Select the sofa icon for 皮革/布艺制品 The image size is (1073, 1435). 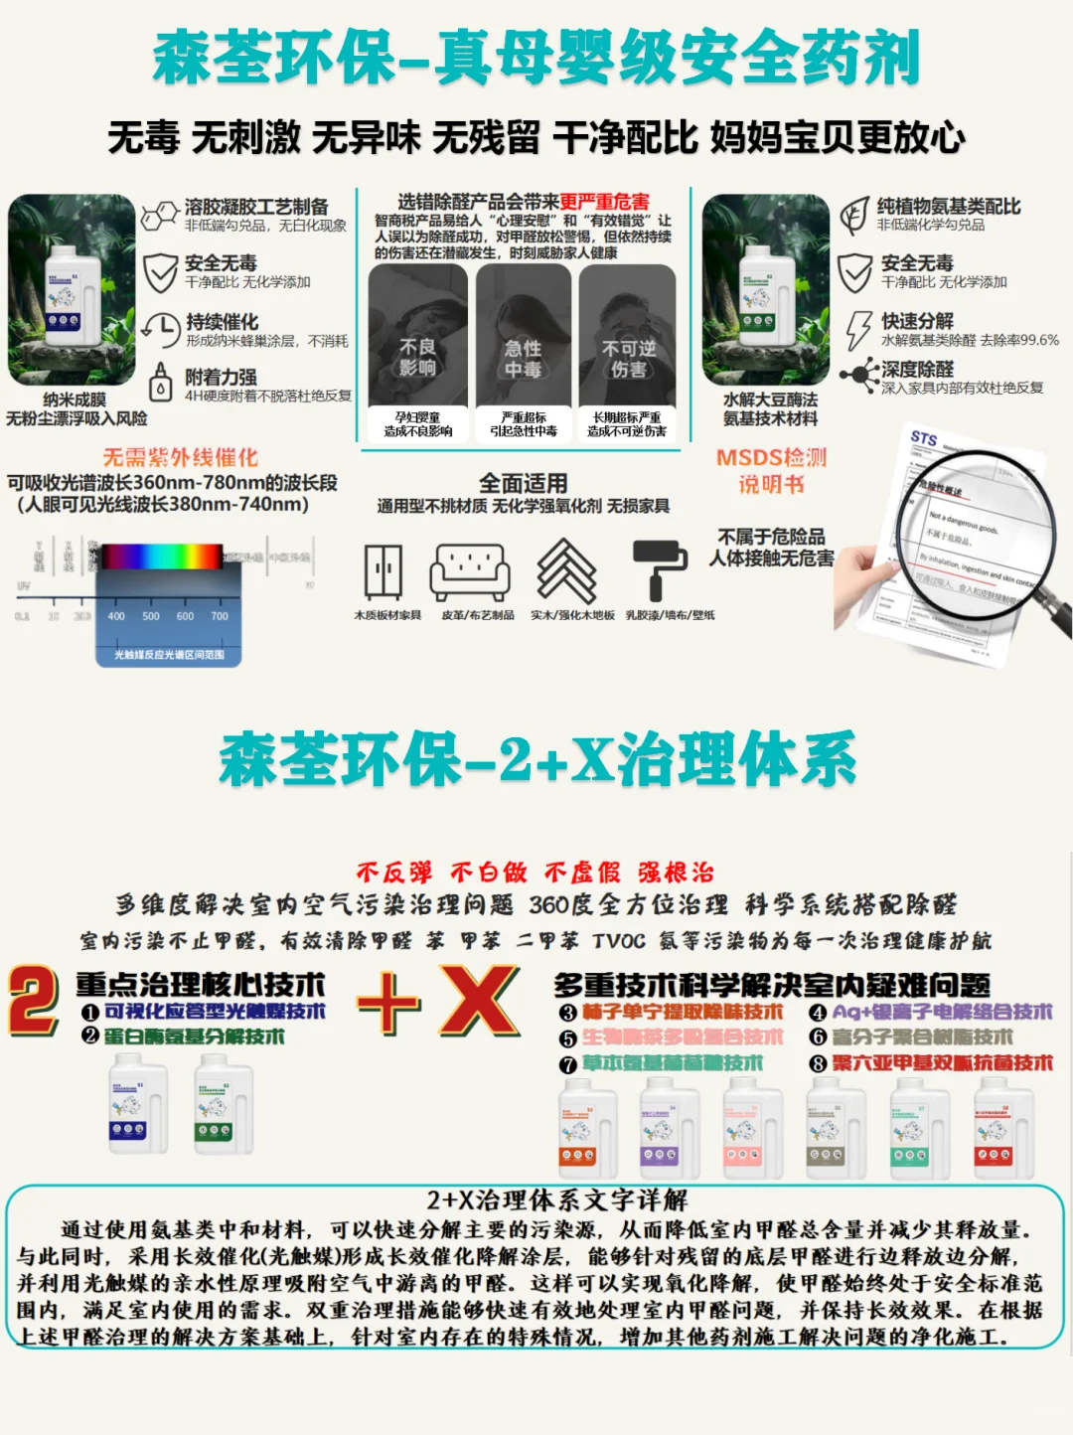click(470, 572)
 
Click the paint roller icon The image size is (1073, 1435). click(661, 570)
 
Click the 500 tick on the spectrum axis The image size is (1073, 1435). click(151, 616)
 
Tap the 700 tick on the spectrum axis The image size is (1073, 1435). click(220, 616)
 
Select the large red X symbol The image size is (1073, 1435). click(480, 1002)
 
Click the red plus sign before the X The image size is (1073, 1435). click(388, 1003)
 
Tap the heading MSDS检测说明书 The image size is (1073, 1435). click(771, 470)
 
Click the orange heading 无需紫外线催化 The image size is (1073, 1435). click(180, 457)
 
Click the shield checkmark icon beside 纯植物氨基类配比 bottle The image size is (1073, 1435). click(854, 272)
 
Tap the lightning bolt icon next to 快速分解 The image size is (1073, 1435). click(857, 329)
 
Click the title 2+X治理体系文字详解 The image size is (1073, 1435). click(556, 1200)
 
